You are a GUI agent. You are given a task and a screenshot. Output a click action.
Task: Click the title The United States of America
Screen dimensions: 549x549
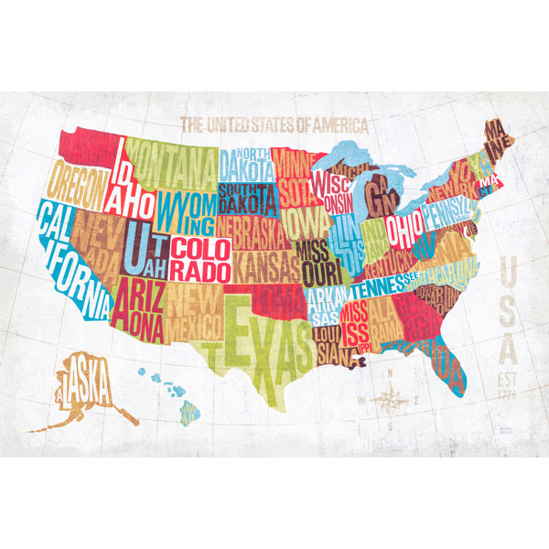pos(274,124)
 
